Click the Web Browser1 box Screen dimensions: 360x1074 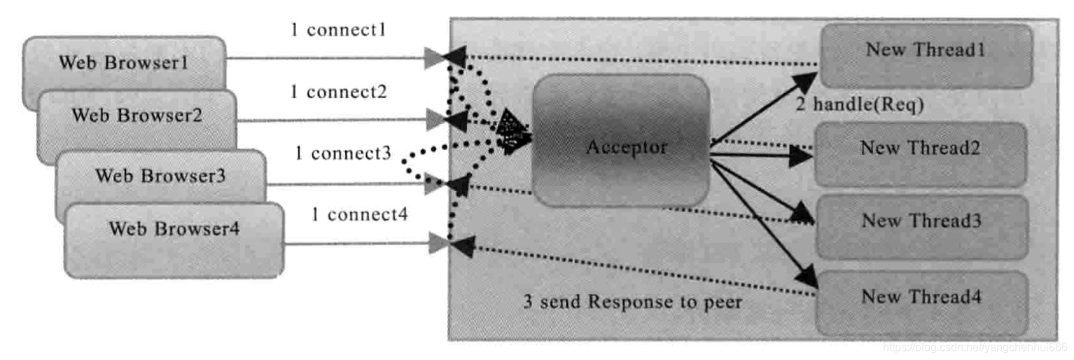click(123, 62)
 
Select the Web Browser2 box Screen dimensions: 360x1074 click(137, 115)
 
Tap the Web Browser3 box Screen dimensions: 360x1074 click(160, 175)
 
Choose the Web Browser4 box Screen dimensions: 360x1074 click(174, 229)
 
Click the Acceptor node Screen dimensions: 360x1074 click(621, 148)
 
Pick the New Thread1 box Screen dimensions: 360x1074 click(926, 50)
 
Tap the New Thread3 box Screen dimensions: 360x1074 click(921, 221)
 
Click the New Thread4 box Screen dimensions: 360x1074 click(921, 297)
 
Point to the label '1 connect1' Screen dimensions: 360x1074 click(338, 31)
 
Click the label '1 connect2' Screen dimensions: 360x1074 click(338, 92)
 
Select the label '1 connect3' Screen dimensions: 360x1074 click(342, 153)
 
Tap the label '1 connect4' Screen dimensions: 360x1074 click(359, 214)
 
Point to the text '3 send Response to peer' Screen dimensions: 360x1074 click(632, 303)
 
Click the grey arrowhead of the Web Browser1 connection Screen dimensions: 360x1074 click(435, 60)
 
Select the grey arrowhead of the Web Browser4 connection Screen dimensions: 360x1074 click(438, 244)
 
